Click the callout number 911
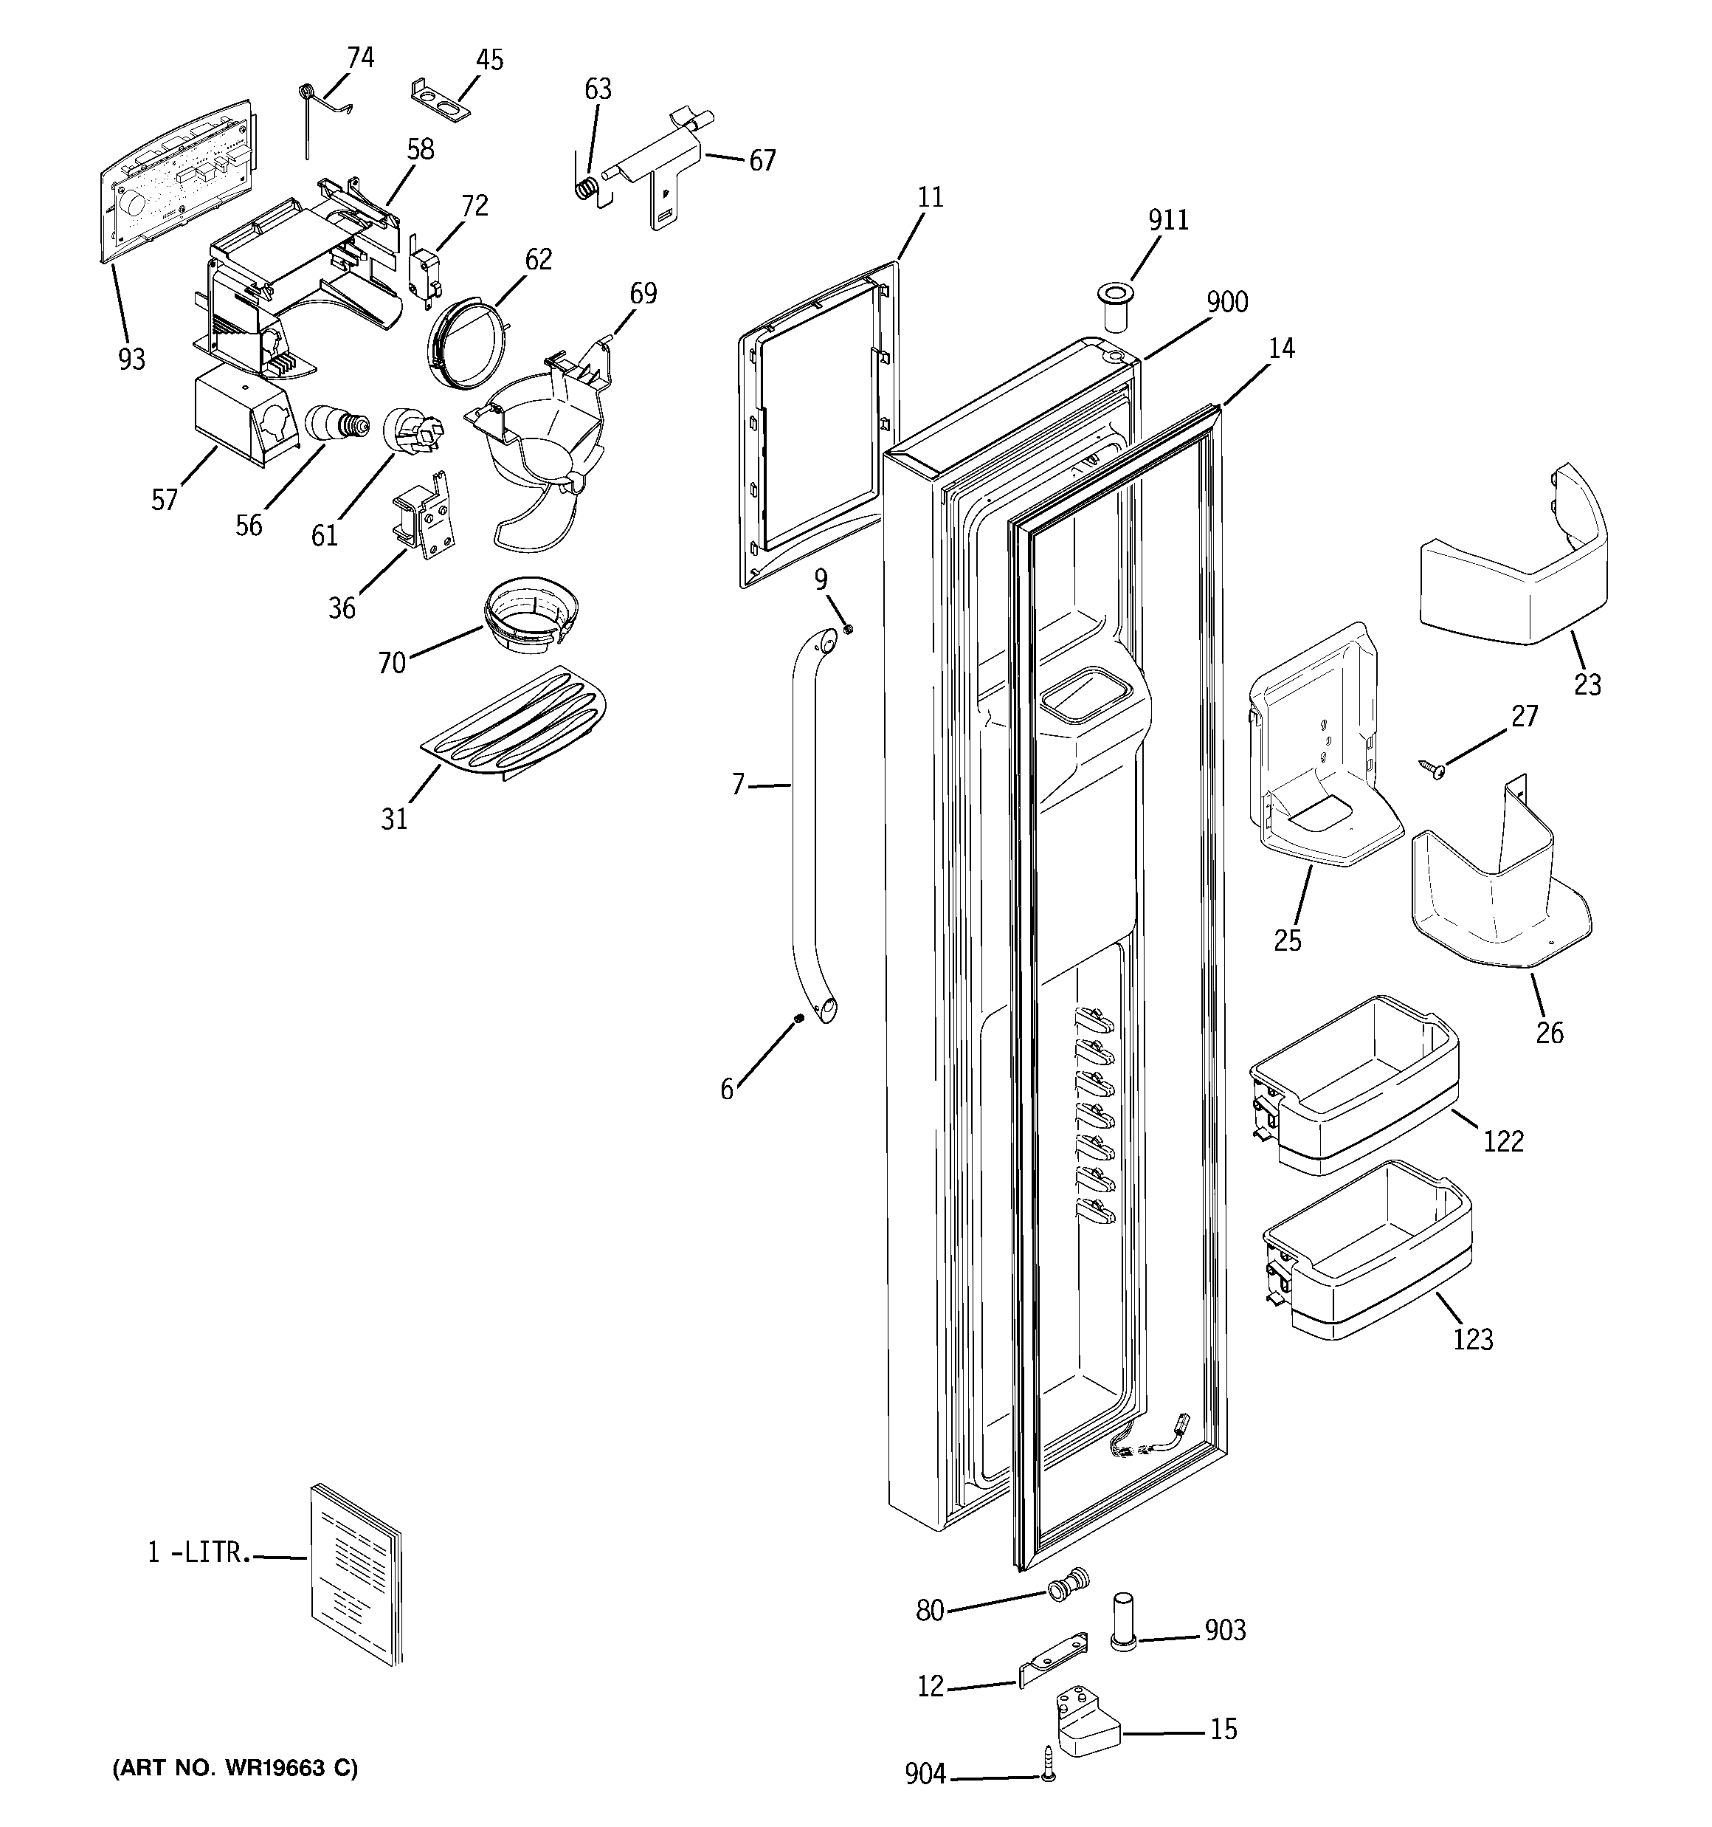pos(1168,221)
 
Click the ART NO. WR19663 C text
pos(235,1768)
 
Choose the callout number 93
pos(131,359)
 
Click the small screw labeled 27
pos(1431,768)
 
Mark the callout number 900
pos(1226,303)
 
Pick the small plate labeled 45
pos(438,98)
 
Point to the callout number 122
pos(1502,1141)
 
